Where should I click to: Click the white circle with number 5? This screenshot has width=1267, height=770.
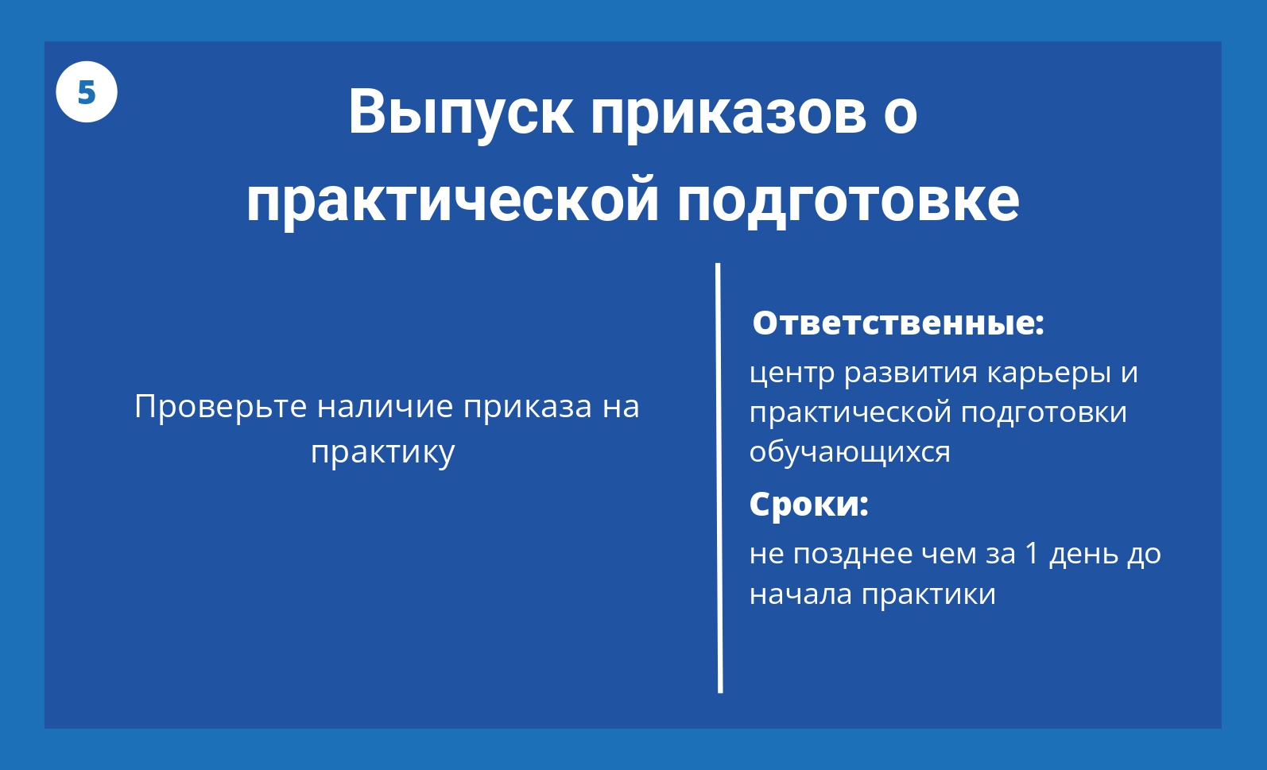(87, 92)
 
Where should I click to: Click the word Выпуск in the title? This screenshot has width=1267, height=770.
(460, 113)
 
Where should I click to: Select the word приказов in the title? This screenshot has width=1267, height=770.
(729, 113)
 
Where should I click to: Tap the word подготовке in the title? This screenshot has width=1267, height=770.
(848, 201)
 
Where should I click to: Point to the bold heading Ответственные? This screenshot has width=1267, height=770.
(898, 323)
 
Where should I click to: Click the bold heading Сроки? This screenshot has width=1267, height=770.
(809, 504)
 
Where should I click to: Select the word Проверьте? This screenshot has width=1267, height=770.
(221, 407)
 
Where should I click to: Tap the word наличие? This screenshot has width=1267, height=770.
(386, 406)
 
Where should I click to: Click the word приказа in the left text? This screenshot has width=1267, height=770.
(528, 408)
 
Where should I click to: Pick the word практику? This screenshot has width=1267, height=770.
(383, 452)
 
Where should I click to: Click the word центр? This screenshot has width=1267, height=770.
(792, 373)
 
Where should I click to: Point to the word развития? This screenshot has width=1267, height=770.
(911, 373)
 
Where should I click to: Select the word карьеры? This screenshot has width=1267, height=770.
(1049, 373)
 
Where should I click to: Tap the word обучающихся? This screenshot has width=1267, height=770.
(850, 452)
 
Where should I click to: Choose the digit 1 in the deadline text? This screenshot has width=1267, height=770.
(1032, 553)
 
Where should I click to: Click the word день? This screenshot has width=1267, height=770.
(1083, 554)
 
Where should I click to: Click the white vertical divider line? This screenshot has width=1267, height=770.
(719, 478)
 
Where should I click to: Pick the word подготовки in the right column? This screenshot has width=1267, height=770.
(1044, 412)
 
